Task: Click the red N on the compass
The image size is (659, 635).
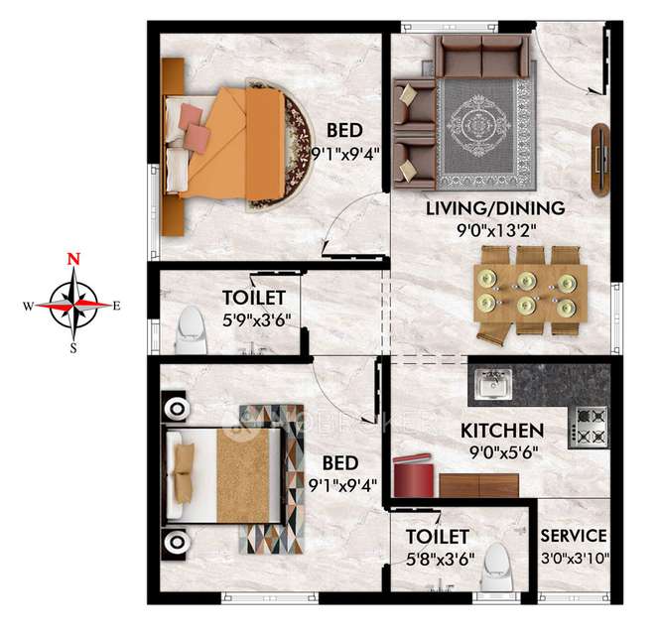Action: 74,259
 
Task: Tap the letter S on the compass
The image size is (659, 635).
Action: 73,348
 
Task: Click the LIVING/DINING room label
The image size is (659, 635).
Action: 495,208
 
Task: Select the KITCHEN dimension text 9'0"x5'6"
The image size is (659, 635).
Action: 504,452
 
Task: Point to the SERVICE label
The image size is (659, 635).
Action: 574,536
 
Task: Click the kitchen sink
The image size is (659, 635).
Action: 493,384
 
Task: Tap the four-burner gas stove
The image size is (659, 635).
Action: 589,428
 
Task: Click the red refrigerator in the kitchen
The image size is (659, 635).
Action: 414,475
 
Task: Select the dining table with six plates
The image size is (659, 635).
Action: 530,294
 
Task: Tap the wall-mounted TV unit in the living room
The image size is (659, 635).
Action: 601,160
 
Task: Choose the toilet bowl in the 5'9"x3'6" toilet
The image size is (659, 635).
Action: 192,330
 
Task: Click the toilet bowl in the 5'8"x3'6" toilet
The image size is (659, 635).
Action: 496,567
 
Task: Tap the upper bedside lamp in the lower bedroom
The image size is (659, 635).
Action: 176,408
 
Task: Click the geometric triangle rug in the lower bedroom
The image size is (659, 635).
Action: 272,479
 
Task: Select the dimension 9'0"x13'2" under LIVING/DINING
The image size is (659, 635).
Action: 496,229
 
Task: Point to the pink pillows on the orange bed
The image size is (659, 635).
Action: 194,128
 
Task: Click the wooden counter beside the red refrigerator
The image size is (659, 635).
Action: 479,485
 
